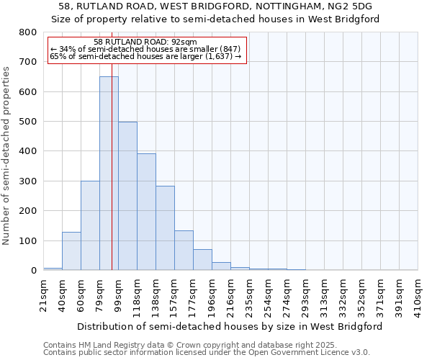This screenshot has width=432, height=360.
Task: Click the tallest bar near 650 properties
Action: (109, 173)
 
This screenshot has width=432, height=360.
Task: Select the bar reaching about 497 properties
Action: (127, 196)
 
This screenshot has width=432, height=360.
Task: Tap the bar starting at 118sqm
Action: (146, 212)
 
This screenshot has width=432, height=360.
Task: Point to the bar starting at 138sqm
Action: (165, 228)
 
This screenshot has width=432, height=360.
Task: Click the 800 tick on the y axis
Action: (28, 32)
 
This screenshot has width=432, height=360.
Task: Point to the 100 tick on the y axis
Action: (28, 240)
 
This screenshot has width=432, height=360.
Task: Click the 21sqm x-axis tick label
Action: (44, 294)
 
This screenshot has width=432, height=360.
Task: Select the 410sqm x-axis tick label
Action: (418, 294)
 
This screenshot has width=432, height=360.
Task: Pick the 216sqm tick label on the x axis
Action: (230, 294)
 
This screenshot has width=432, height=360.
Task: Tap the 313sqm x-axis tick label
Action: (324, 294)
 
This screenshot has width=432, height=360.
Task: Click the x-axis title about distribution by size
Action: (229, 326)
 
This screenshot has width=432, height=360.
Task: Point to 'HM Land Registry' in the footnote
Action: (106, 345)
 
